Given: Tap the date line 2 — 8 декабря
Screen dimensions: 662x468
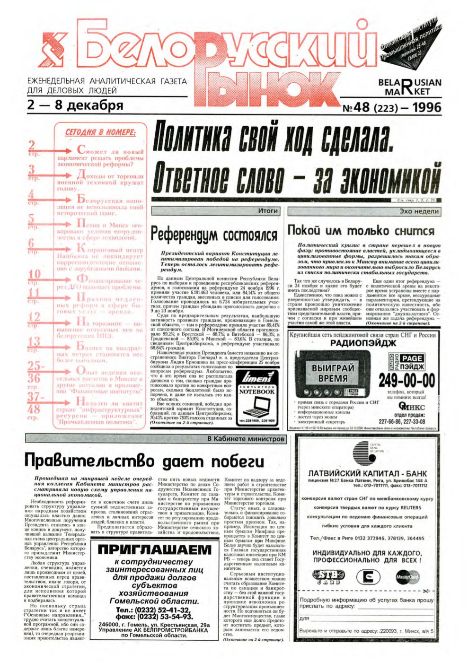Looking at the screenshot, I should click(x=76, y=105).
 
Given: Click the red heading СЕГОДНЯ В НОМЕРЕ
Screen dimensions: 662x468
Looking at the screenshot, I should click(x=99, y=133).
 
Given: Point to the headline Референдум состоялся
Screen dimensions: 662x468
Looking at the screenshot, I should click(x=213, y=234).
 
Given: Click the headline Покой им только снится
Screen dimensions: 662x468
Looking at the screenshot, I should click(x=361, y=231).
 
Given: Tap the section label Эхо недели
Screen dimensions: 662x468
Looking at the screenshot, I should click(x=419, y=211).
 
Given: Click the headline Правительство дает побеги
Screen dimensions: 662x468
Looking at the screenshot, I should click(x=144, y=461).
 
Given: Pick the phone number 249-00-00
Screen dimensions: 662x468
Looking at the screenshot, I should click(x=406, y=380).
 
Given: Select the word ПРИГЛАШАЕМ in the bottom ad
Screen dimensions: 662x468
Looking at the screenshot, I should click(x=154, y=549).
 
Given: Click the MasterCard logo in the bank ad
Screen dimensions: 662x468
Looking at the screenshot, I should click(x=407, y=576).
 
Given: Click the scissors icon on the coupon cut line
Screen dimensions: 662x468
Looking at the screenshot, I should click(x=425, y=591).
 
